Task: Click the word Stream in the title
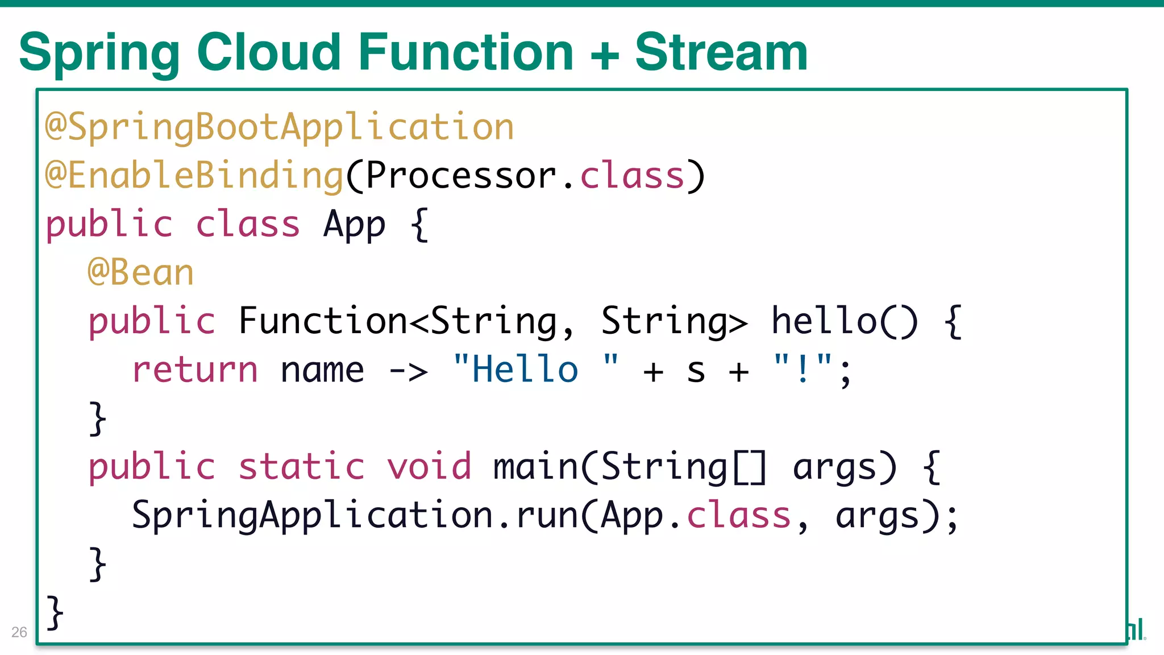pyautogui.click(x=721, y=52)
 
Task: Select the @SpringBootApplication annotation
pyautogui.click(x=280, y=128)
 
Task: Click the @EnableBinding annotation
pyautogui.click(x=194, y=176)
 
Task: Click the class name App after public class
pyautogui.click(x=354, y=225)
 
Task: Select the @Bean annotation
pyautogui.click(x=141, y=273)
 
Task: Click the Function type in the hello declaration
pyautogui.click(x=322, y=321)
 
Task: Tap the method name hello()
pyautogui.click(x=843, y=321)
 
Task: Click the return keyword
pyautogui.click(x=195, y=370)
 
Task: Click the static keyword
pyautogui.click(x=301, y=467)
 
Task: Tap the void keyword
pyautogui.click(x=429, y=467)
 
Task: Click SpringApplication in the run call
pyautogui.click(x=312, y=516)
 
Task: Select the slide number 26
pyautogui.click(x=19, y=632)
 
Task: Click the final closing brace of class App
pyautogui.click(x=55, y=613)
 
